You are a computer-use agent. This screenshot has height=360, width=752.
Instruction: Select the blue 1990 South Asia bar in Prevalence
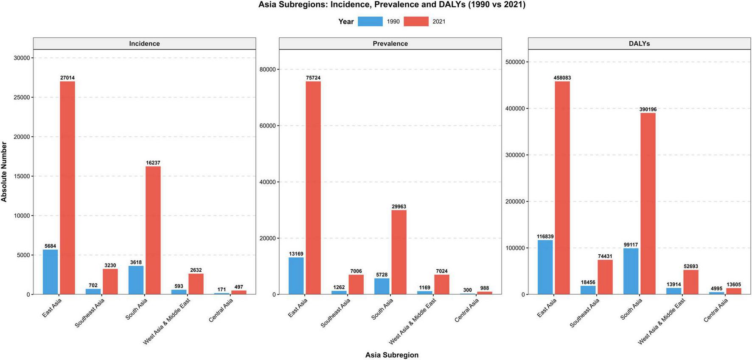pyautogui.click(x=382, y=286)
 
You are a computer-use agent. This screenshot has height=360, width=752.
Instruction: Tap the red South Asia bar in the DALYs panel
pyautogui.click(x=648, y=204)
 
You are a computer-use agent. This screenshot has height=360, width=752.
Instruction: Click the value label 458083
pyautogui.click(x=562, y=78)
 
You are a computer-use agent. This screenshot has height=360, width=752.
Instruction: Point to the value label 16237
pyautogui.click(x=153, y=163)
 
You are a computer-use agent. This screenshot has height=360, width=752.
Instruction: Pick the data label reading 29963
pyautogui.click(x=398, y=207)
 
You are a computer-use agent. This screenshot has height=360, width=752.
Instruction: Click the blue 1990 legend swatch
pyautogui.click(x=370, y=22)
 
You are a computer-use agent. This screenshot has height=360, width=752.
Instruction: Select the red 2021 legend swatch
pyautogui.click(x=416, y=22)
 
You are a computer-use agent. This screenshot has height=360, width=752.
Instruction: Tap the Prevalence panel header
pyautogui.click(x=390, y=44)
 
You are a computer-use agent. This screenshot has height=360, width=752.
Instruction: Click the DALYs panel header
pyautogui.click(x=639, y=44)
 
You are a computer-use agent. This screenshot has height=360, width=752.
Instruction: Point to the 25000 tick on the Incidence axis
pyautogui.click(x=22, y=97)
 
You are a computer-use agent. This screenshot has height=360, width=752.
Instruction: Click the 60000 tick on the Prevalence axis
pyautogui.click(x=267, y=126)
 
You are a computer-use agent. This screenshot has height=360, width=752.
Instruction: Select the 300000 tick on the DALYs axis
pyautogui.click(x=515, y=155)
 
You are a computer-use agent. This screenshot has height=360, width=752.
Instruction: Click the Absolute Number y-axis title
pyautogui.click(x=4, y=172)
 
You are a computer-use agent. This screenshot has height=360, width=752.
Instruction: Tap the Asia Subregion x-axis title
pyautogui.click(x=392, y=355)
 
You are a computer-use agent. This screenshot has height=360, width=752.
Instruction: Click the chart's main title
pyautogui.click(x=392, y=5)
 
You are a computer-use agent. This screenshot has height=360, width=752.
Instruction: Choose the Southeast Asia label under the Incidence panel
pyautogui.click(x=90, y=313)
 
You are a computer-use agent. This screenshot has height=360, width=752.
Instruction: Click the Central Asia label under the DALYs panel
pyautogui.click(x=716, y=310)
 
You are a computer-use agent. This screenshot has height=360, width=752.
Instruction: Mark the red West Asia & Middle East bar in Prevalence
pyautogui.click(x=441, y=284)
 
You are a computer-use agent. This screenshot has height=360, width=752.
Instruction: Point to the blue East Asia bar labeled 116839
pyautogui.click(x=545, y=267)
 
